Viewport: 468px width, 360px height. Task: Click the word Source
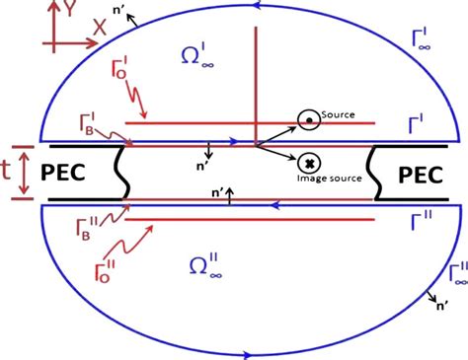338,115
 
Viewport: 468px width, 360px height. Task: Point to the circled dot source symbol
309,120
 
